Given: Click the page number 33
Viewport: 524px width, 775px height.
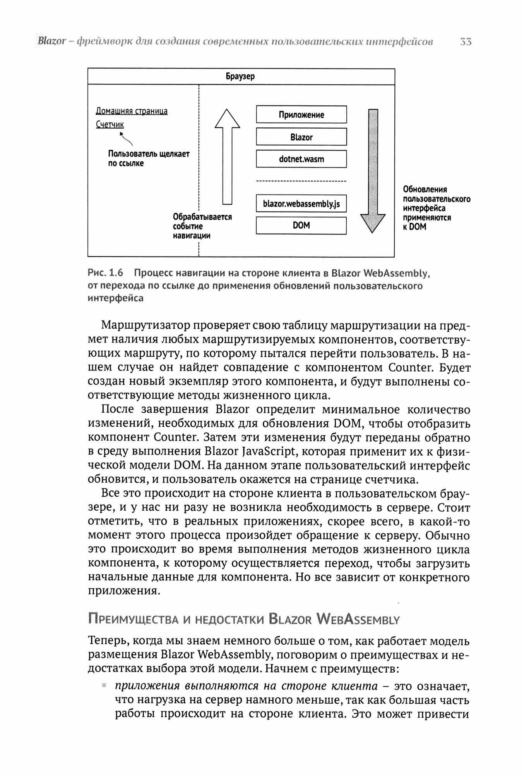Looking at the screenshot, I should tap(466, 42).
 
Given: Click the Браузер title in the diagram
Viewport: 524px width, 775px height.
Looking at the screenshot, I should tap(240, 76).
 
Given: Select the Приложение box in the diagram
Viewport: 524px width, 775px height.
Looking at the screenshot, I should tap(301, 115).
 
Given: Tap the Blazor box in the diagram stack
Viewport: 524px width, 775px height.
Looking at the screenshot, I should tap(301, 137).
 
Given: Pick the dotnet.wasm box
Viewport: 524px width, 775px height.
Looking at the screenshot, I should tap(301, 159).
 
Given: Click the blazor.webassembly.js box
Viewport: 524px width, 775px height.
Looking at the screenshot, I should tap(301, 204).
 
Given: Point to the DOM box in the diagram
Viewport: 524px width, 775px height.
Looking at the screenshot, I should tap(301, 226).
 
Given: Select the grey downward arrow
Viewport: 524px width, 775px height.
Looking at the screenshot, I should tap(373, 170).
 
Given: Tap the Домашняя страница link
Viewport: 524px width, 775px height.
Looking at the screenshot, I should tap(132, 111).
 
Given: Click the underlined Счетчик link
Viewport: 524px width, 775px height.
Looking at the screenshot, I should tap(110, 124).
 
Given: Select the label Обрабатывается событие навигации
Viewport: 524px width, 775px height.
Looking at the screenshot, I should tap(202, 226).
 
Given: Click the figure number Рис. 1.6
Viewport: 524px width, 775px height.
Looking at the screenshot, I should tap(105, 273).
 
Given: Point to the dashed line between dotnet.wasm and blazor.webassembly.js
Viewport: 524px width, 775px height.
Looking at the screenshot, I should tap(301, 181).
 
